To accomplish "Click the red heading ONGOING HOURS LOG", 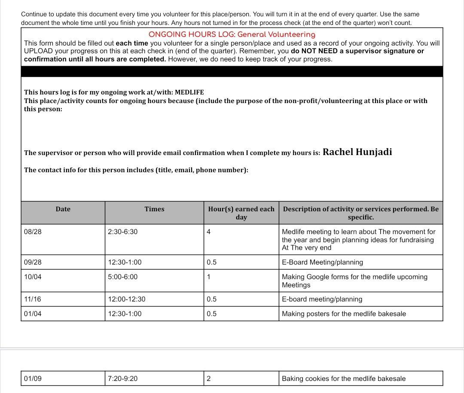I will pos(232,35).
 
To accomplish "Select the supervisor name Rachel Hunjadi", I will pos(357,152).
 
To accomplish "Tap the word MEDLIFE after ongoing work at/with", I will pos(189,92).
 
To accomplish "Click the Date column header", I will pos(63,209).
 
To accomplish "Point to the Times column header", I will pos(154,209).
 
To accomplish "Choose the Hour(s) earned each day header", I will pos(241,213).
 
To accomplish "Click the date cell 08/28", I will pos(33,232).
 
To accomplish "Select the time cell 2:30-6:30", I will pos(123,232).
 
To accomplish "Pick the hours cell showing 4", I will pos(209,232).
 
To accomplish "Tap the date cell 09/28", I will pos(33,262).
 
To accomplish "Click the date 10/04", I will pos(33,277).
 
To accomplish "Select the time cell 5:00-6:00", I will pos(123,277).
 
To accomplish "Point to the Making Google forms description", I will pos(354,281).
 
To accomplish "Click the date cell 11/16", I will pos(33,299).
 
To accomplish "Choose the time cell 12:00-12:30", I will pos(127,299).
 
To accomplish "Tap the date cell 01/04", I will pos(33,314).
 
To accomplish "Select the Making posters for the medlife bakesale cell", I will pos(344,314).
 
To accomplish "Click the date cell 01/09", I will pos(33,379).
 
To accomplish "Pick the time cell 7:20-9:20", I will pos(123,379).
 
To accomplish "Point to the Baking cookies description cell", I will pos(344,379).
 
